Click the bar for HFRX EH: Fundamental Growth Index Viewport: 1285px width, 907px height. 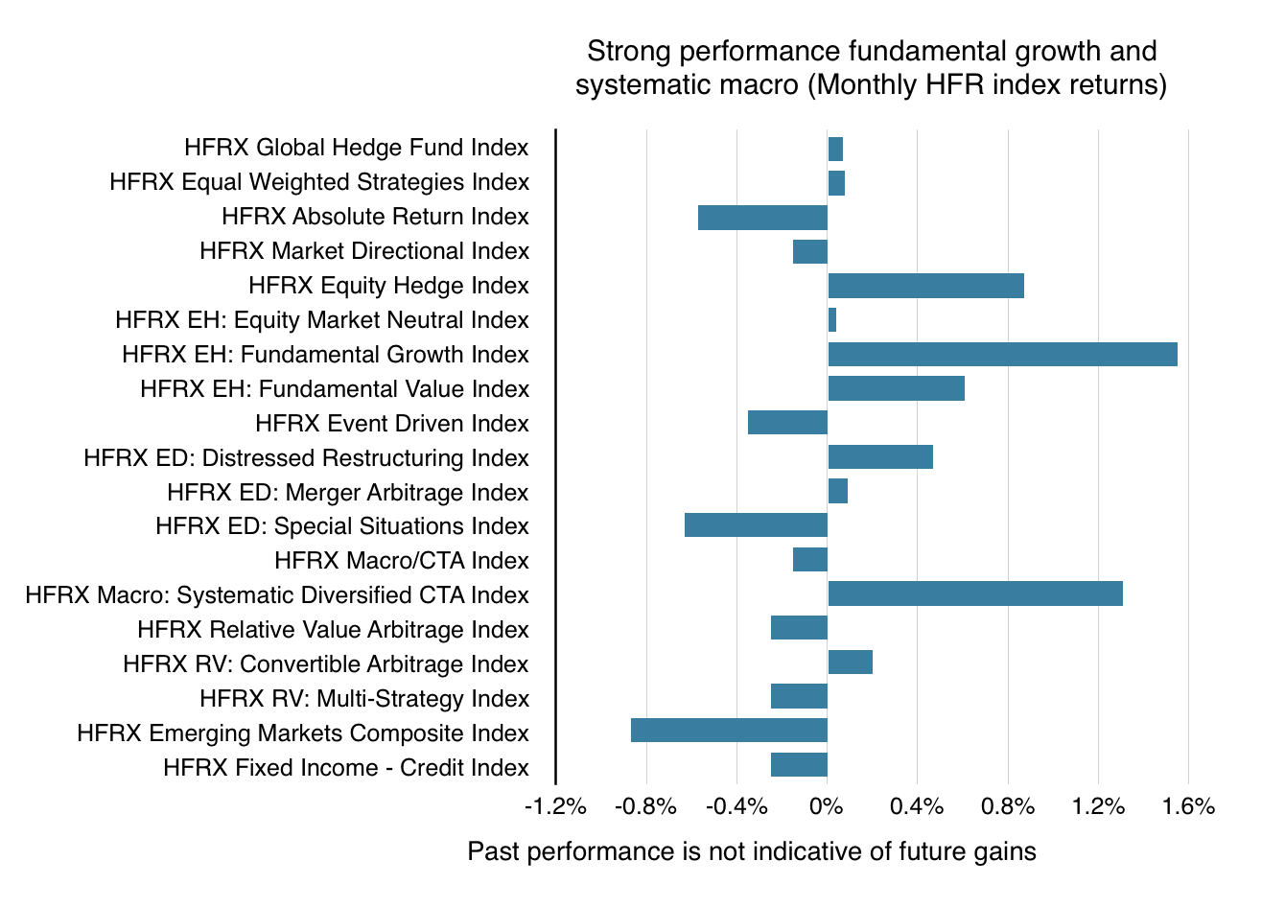coord(1002,354)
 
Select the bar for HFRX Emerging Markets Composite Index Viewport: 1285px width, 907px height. coord(729,730)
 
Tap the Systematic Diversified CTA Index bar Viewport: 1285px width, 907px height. coord(974,593)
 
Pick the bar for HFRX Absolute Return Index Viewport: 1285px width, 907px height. coord(762,217)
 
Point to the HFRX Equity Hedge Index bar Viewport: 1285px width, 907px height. coord(925,286)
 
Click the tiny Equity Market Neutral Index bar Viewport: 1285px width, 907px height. coord(832,320)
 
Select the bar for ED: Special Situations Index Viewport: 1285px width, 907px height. coord(756,525)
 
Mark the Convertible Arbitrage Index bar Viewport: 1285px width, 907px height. coord(850,663)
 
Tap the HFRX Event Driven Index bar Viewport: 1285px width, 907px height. coord(787,422)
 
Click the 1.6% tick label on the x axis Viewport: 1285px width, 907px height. coord(1188,806)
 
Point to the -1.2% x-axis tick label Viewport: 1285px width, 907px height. coord(555,806)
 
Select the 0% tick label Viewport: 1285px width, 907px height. coord(827,806)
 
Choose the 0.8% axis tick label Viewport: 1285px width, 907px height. coord(1008,806)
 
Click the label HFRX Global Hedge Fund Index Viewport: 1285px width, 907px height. coord(356,148)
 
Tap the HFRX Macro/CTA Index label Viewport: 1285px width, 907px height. coord(401,560)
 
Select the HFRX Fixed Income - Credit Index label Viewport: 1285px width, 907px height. coord(345,767)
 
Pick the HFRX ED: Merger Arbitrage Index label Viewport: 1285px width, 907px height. coord(347,492)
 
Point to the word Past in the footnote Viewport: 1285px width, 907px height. coord(493,851)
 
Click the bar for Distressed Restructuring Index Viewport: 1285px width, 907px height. coord(879,457)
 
